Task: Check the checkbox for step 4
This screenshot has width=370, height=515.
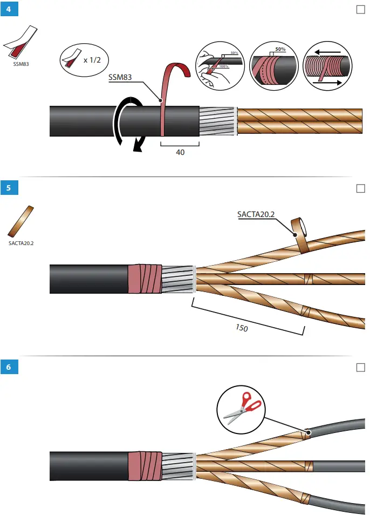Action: pos(361,9)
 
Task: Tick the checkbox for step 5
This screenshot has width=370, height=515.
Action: pos(361,188)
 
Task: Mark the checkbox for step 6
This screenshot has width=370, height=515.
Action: pos(361,368)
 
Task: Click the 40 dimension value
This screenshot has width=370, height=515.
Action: pos(180,153)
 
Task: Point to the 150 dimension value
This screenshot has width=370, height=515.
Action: pos(242,327)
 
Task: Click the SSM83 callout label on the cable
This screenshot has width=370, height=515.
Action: pos(120,77)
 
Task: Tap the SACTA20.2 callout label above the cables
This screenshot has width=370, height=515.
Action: pos(256,214)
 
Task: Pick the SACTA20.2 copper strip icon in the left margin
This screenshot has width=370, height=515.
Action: pos(20,221)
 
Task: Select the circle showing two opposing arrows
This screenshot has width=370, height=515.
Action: pos(329,64)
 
